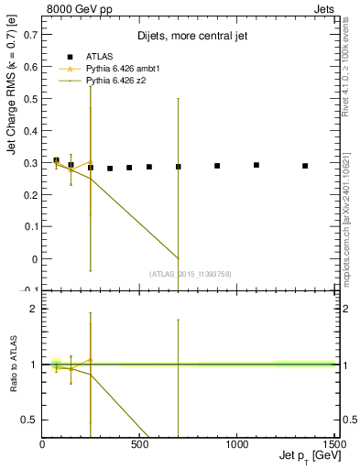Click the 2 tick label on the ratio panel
pyautogui.click(x=35, y=309)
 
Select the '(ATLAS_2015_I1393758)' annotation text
pyautogui.click(x=190, y=273)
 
